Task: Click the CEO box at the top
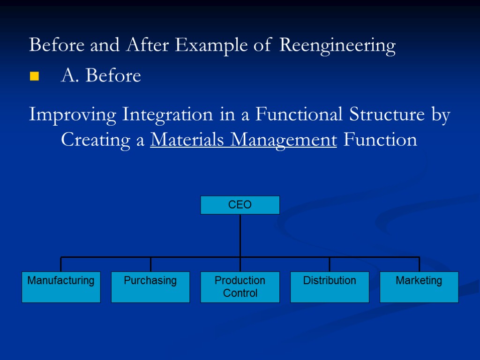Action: point(240,205)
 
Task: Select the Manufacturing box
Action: point(61,287)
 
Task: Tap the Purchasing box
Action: point(150,287)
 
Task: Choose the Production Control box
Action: point(240,287)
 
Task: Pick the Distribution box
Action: point(330,287)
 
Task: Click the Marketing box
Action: point(419,287)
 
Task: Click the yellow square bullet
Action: point(34,76)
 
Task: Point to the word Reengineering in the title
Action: point(337,46)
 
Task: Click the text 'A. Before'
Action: point(101,75)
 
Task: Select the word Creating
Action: point(98,140)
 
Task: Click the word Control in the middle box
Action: point(240,293)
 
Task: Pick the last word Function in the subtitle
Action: point(380,140)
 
